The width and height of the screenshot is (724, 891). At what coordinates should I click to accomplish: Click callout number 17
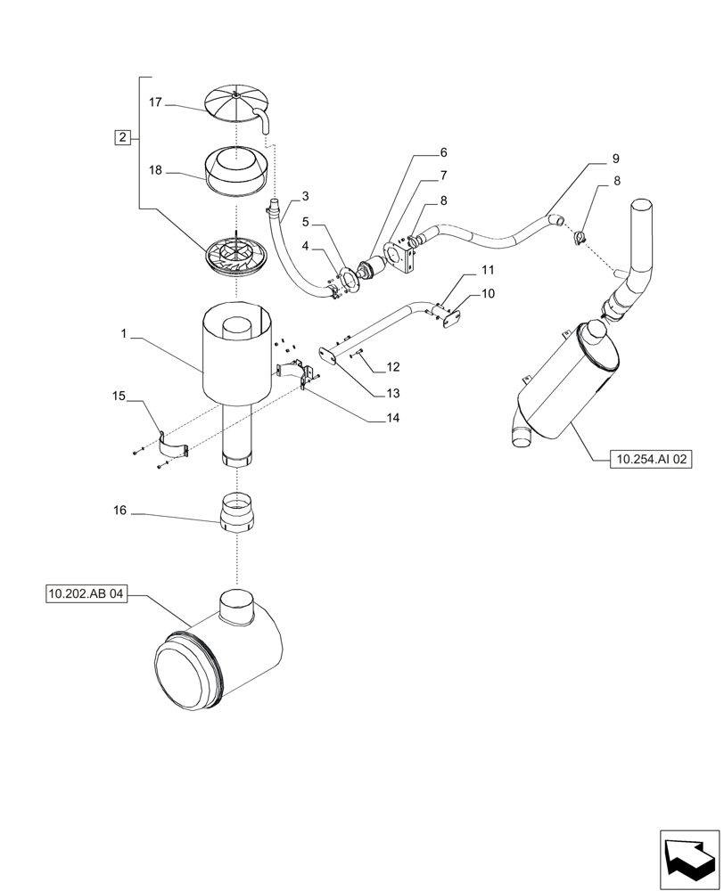pyautogui.click(x=155, y=103)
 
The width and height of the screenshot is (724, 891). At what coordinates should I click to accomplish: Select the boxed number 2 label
pyautogui.click(x=122, y=137)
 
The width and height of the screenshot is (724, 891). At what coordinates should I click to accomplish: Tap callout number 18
pyautogui.click(x=155, y=168)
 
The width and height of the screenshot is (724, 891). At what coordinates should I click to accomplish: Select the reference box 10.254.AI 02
pyautogui.click(x=652, y=460)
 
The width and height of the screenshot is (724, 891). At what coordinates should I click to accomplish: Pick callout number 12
pyautogui.click(x=393, y=367)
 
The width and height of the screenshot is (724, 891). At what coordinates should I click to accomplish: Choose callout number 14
pyautogui.click(x=393, y=417)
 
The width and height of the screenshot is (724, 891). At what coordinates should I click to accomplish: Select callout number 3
pyautogui.click(x=305, y=196)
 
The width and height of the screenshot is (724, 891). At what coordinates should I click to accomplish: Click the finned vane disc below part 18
pyautogui.click(x=235, y=255)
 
